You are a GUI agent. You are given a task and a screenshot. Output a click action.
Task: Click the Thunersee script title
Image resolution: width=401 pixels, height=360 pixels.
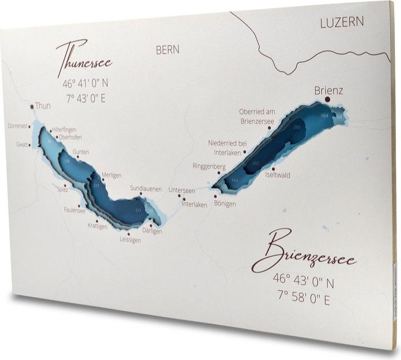point(84,58)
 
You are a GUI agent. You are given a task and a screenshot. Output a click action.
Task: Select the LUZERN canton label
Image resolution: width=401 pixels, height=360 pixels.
point(341,22)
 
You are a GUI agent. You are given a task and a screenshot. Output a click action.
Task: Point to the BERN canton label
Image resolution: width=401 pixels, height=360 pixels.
point(168,50)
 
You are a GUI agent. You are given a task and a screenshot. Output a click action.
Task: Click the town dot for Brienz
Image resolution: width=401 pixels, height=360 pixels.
point(327,98)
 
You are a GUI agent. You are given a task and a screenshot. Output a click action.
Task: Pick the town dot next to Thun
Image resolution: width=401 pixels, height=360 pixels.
point(31,105)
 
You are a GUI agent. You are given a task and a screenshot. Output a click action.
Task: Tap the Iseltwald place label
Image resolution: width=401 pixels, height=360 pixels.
point(278,174)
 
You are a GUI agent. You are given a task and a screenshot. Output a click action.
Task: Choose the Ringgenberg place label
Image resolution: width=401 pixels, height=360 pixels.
point(209,166)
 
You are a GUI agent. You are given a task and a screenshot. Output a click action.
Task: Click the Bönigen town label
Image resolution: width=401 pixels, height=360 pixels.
point(225,204)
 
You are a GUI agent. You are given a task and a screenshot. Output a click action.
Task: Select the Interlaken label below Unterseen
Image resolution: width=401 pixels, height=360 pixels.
point(194,204)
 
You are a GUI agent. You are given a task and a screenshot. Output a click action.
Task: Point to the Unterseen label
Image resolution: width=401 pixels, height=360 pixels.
point(182,190)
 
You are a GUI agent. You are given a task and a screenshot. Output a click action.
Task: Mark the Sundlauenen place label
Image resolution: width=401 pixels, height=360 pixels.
point(145,188)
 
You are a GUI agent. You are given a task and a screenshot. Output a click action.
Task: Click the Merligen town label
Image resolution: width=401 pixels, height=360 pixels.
point(111,175)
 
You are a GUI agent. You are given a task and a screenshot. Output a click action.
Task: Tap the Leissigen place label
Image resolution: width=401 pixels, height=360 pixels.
point(130,240)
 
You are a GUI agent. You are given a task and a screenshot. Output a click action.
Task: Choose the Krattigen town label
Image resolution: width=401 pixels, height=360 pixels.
point(97,226)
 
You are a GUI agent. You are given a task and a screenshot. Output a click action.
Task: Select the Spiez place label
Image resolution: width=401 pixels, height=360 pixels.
point(62,189)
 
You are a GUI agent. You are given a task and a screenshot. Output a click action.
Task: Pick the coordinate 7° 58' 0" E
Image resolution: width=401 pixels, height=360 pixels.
point(302,300)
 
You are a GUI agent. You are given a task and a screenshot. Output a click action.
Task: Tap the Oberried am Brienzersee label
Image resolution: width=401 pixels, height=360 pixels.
point(257,115)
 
